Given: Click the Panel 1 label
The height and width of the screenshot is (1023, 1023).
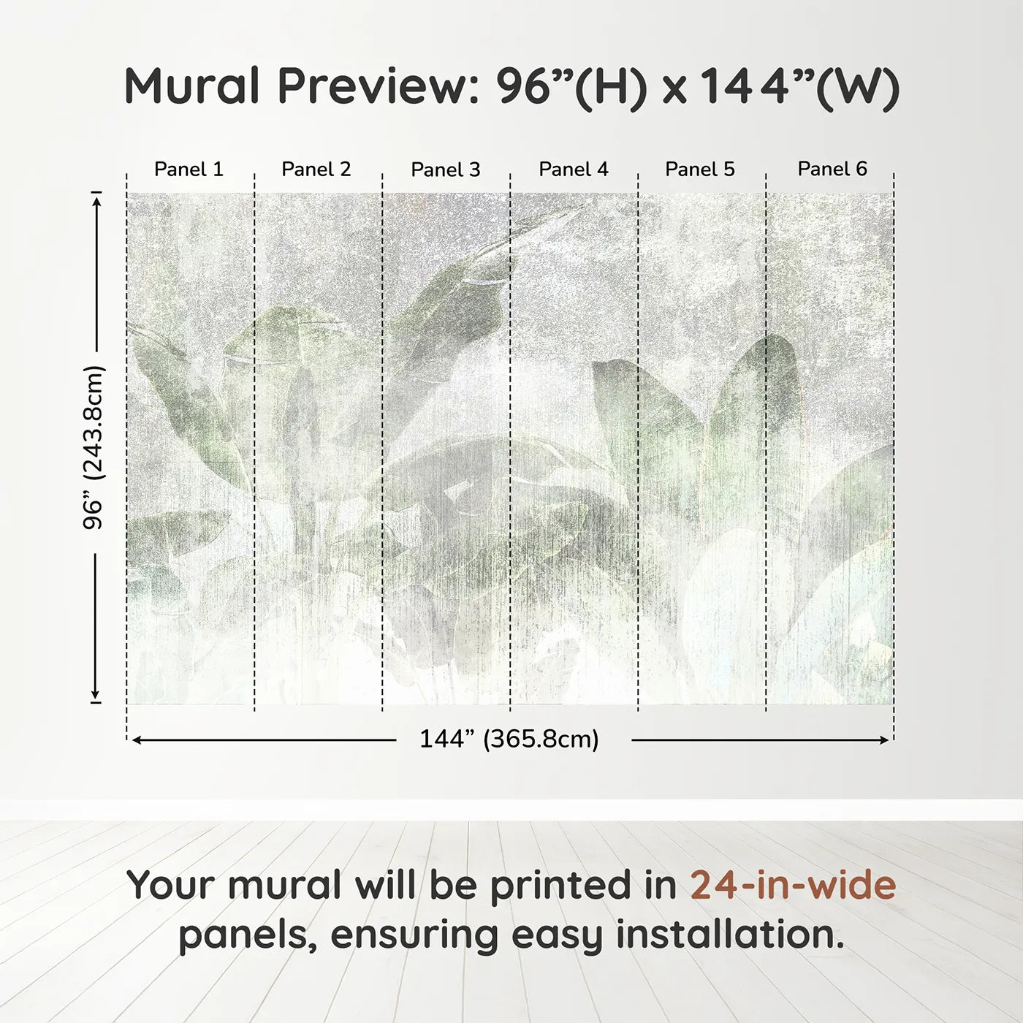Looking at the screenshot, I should click(189, 170).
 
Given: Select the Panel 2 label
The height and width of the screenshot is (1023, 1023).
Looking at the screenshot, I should click(316, 170).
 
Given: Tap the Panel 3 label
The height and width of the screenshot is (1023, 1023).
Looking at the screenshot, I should click(446, 170).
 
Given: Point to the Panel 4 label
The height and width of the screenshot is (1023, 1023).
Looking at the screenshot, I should click(574, 170).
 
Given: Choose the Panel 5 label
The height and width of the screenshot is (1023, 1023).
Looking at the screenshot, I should click(700, 170).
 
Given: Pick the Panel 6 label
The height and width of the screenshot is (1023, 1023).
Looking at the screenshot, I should click(832, 170).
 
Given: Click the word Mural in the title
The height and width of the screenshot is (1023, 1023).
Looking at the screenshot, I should click(192, 86).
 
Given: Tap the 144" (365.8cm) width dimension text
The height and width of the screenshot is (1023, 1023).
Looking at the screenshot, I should click(509, 739).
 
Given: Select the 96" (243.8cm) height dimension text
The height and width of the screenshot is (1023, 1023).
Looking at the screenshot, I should click(94, 447).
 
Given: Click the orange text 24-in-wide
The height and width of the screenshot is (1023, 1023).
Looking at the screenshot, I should click(793, 886).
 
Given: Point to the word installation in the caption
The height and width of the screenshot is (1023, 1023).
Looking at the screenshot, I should click(729, 935).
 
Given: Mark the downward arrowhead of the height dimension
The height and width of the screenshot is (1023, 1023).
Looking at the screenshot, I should click(95, 695).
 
